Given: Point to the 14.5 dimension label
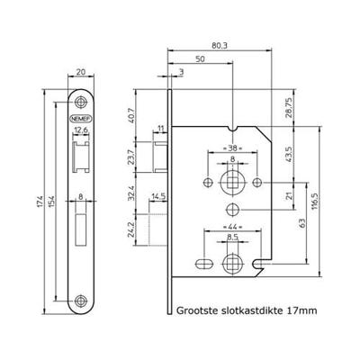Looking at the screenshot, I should pos(158,195).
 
